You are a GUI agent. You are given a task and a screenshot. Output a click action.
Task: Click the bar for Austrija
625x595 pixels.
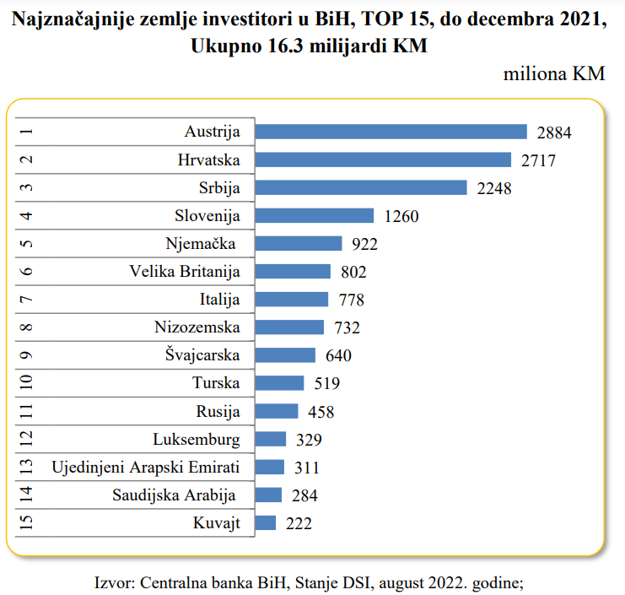click(x=391, y=132)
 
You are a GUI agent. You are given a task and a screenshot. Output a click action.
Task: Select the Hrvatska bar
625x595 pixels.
click(x=383, y=160)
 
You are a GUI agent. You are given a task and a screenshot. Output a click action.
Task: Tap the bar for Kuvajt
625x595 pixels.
click(x=266, y=523)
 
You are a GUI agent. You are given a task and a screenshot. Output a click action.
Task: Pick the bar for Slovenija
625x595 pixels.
click(x=314, y=215)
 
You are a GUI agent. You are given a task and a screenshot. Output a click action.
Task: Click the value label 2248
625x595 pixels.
click(x=494, y=188)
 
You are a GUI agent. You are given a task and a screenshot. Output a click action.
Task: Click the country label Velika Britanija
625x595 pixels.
click(x=185, y=272)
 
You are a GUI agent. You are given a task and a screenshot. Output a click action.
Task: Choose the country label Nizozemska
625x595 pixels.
click(x=197, y=327)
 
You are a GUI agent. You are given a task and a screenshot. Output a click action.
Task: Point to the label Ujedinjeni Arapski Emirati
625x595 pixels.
click(x=146, y=468)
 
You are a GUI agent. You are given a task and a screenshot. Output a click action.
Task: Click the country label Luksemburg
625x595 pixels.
click(x=197, y=440)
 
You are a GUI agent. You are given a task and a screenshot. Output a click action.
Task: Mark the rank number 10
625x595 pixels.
click(x=25, y=383)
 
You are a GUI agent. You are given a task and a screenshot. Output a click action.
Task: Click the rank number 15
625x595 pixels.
click(x=25, y=523)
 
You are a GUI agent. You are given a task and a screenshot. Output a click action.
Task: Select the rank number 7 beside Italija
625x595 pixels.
click(x=25, y=300)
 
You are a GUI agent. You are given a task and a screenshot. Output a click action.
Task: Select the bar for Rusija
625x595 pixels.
click(x=277, y=411)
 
